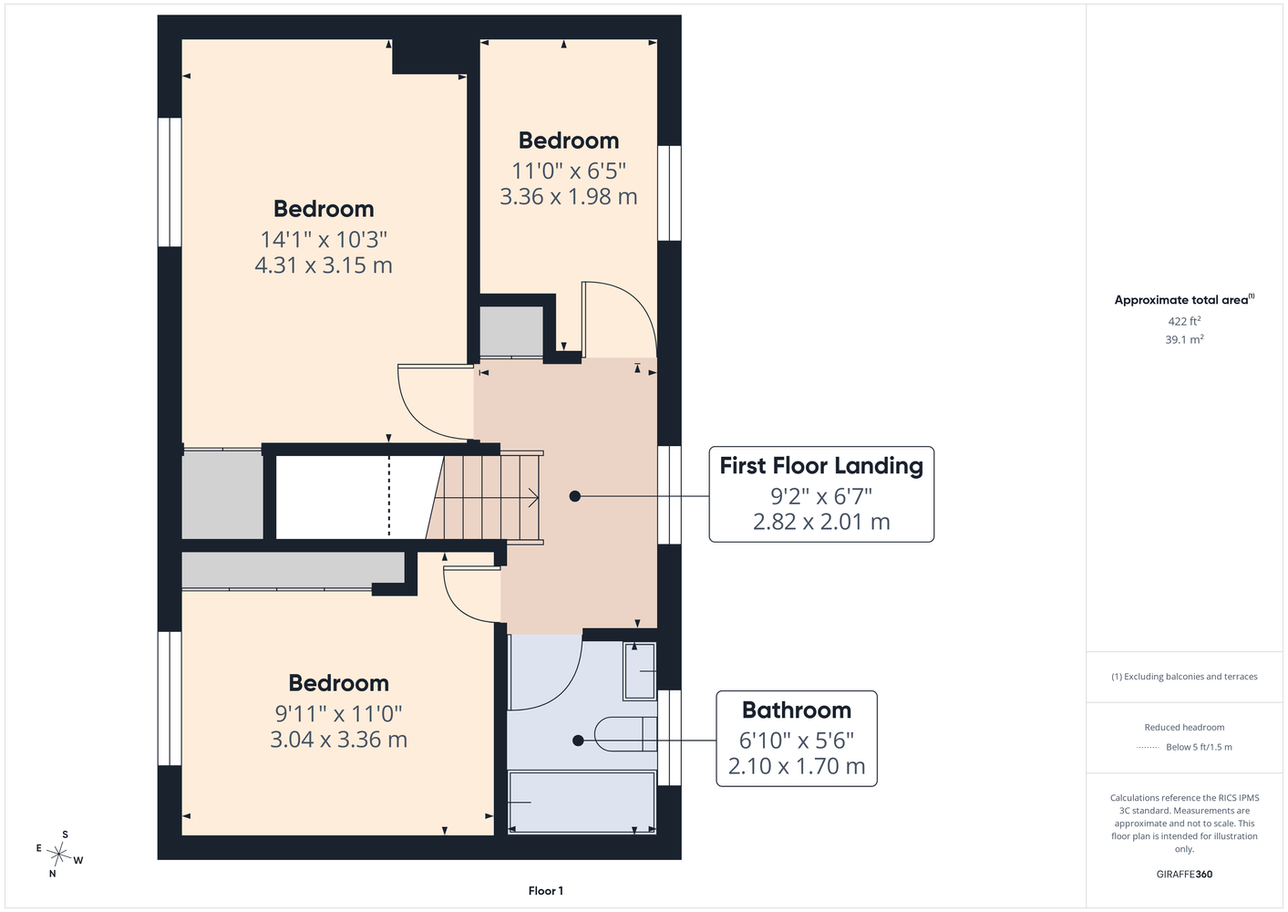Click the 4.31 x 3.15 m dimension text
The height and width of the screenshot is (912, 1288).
point(324,265)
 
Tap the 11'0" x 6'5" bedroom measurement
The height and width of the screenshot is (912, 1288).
point(569,171)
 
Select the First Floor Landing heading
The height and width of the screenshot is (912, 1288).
point(821,465)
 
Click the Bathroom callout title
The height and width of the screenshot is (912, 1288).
point(797,710)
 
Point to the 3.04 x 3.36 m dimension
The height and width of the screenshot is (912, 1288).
point(339,740)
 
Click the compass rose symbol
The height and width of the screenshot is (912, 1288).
point(58,854)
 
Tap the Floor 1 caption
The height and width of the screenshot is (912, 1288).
point(546,891)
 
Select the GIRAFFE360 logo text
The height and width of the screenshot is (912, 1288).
point(1184,874)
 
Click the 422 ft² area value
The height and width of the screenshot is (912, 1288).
point(1184,321)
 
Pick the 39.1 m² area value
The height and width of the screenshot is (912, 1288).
point(1184,339)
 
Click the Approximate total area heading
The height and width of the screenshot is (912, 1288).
point(1184,299)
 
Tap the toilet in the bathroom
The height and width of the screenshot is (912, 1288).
point(625,734)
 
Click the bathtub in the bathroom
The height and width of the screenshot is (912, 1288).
point(582,802)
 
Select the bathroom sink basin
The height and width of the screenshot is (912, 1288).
point(640,671)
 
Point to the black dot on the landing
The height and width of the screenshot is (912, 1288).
point(575,496)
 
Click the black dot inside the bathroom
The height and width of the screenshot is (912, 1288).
point(579,741)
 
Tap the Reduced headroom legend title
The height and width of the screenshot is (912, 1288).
point(1184,727)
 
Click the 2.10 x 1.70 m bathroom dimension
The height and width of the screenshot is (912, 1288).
point(797,766)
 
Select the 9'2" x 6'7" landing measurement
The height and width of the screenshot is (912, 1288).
point(821,496)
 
